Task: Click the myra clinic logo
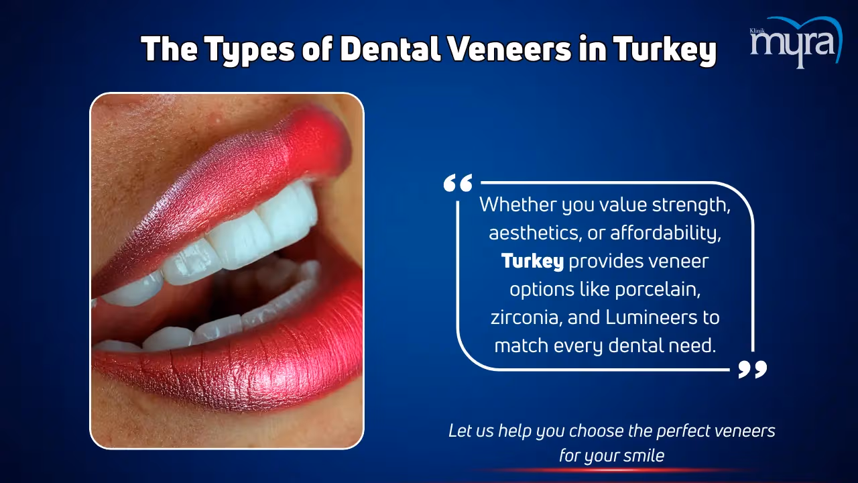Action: [796, 42]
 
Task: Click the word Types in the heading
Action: [249, 50]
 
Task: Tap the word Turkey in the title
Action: [665, 50]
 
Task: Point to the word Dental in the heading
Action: [390, 49]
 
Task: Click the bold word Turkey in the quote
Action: [532, 262]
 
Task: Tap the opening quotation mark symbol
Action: [458, 183]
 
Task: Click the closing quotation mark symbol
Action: [753, 369]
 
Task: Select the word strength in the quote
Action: [691, 205]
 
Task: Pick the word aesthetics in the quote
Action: [533, 233]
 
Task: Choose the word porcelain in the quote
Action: [658, 290]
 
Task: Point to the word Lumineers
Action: [652, 318]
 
